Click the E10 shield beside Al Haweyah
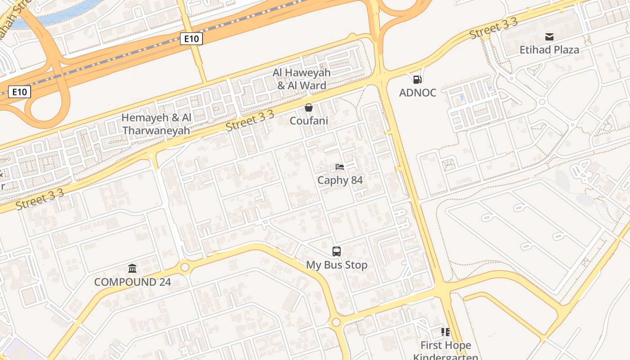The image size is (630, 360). tap(191, 39)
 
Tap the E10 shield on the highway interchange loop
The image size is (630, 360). tap(19, 92)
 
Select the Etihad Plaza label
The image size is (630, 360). tap(549, 50)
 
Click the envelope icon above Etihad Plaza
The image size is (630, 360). tap(549, 37)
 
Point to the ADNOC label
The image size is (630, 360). tap(418, 93)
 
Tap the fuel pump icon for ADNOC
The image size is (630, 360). tap(418, 80)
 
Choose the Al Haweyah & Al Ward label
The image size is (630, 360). tap(301, 79)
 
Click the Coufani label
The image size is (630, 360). tap(309, 121)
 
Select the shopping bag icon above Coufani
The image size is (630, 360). tap(309, 108)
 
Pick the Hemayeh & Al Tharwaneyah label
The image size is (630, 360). tap(157, 124)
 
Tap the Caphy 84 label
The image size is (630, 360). tap(340, 180)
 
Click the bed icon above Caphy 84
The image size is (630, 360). tap(340, 167)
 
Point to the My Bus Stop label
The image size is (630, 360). tap(337, 265)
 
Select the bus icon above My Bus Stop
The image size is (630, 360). tap(337, 252)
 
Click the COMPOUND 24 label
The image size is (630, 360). tap(132, 282)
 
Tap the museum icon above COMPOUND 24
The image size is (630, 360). tap(132, 269)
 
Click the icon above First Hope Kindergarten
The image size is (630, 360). tap(445, 332)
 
